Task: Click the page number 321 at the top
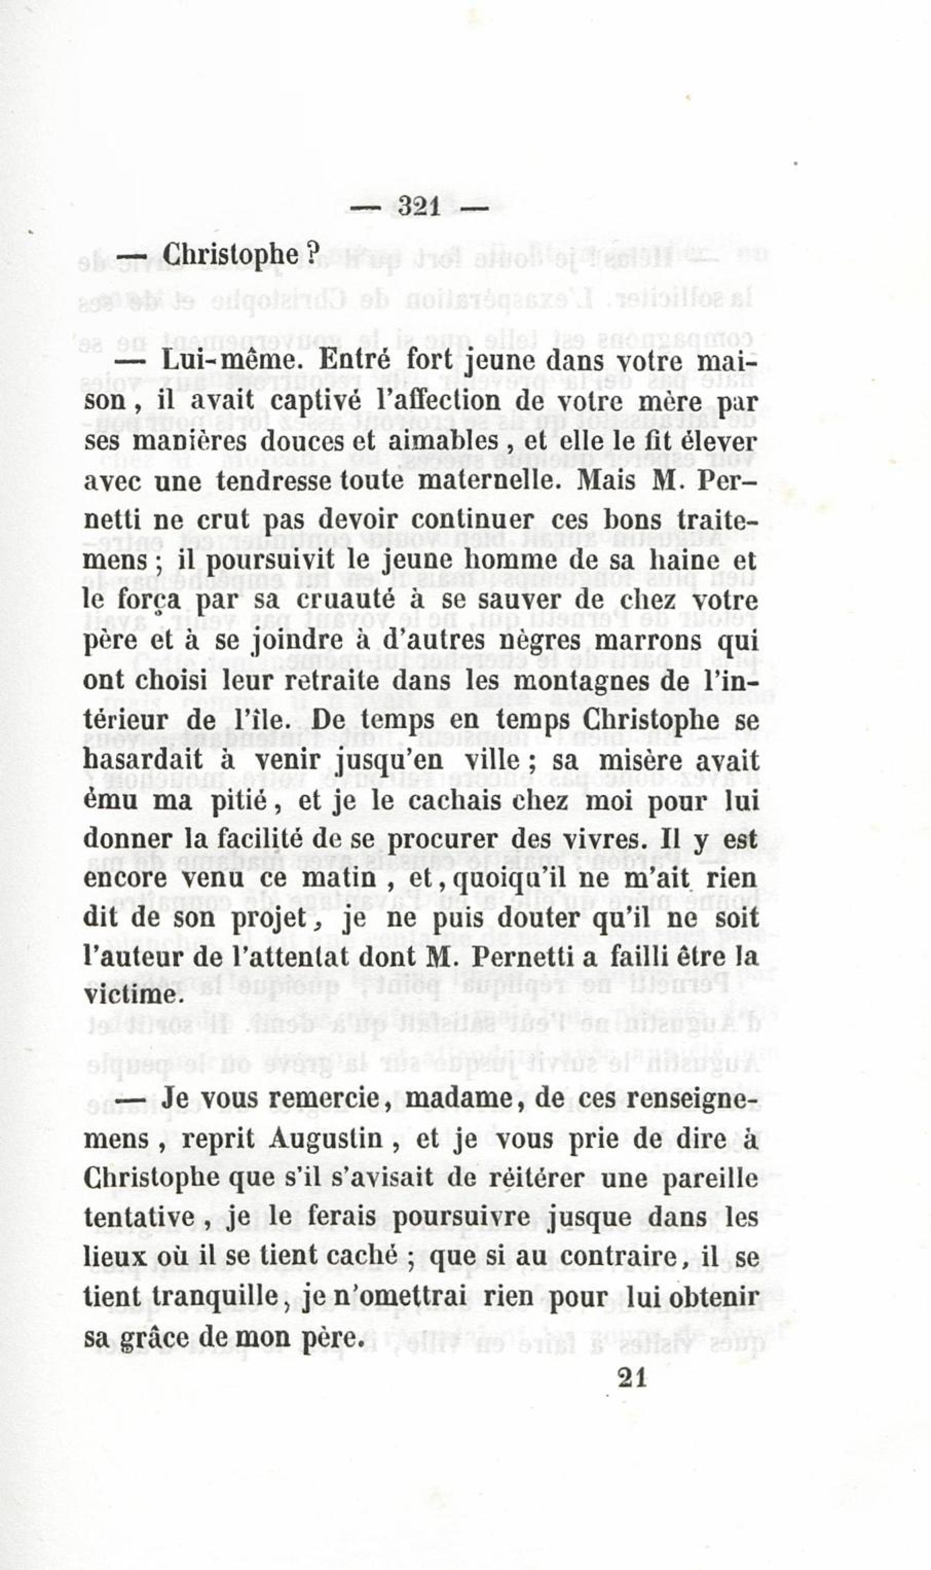(420, 207)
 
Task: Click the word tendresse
(276, 480)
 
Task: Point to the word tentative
(140, 1219)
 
